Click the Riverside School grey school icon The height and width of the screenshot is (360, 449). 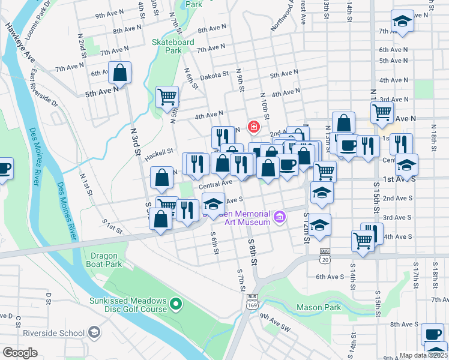pyautogui.click(x=94, y=332)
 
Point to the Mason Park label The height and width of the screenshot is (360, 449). pyautogui.click(x=319, y=308)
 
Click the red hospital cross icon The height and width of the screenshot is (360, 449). pyautogui.click(x=253, y=127)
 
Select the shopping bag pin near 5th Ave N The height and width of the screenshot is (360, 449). pyautogui.click(x=121, y=73)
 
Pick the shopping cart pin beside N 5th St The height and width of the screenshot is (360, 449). pyautogui.click(x=167, y=97)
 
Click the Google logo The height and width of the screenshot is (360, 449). pyautogui.click(x=20, y=353)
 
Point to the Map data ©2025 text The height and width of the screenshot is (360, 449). pyautogui.click(x=424, y=355)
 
